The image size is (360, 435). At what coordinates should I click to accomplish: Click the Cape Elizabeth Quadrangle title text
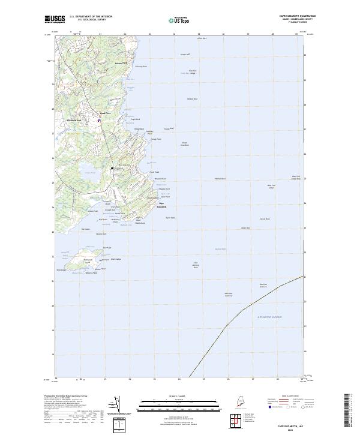[299, 16]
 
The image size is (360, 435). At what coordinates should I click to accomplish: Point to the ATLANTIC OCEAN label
[269, 316]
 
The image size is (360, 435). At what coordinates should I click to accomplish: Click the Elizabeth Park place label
[74, 119]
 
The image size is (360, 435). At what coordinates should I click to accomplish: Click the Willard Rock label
[192, 98]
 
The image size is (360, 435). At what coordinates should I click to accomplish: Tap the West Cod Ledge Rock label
[295, 177]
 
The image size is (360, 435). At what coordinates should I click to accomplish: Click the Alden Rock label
[245, 228]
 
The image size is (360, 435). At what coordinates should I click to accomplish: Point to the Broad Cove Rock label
[185, 144]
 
